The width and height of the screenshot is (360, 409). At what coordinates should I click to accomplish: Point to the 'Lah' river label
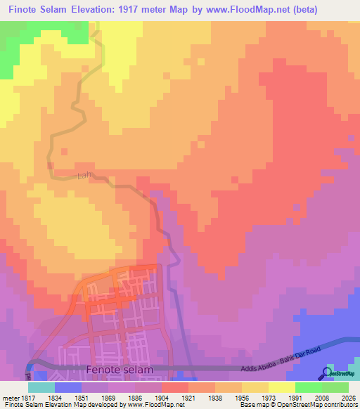point(84,176)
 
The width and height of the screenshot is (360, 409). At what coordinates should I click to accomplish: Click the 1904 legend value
point(161,398)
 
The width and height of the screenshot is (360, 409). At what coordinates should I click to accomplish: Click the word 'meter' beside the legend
point(8,398)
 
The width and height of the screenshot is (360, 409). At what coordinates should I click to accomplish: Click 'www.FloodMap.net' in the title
point(250,10)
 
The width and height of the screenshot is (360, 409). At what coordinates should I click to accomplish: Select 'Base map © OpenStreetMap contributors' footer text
point(297,405)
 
